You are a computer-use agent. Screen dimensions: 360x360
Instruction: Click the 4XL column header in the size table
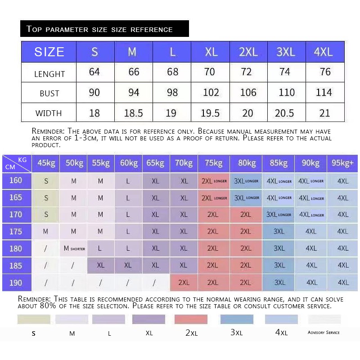(323, 52)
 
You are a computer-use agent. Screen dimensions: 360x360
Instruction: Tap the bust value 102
(211, 93)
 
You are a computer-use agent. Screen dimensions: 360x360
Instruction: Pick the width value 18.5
(133, 113)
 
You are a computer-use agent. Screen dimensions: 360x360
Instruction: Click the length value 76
(325, 72)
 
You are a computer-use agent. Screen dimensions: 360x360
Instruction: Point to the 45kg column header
(46, 163)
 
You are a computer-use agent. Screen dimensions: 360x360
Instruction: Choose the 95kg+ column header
(343, 163)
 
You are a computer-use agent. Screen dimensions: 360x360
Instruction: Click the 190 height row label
(16, 283)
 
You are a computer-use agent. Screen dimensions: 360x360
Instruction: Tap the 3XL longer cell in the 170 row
(279, 215)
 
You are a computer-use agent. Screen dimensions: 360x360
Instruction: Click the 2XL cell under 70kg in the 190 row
(184, 283)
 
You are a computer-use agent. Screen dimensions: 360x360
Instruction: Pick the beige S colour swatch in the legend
(34, 319)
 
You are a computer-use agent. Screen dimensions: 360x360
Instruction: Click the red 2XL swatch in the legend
(191, 319)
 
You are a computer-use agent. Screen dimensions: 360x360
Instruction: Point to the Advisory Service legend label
(324, 333)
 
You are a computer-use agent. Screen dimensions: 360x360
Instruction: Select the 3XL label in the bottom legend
(236, 333)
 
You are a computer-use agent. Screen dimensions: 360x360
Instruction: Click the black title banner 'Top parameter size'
(104, 29)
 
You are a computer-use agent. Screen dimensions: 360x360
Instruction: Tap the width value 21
(324, 113)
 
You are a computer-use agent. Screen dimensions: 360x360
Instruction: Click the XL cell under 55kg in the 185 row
(100, 265)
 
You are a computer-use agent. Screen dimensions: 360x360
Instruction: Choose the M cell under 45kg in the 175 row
(45, 231)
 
